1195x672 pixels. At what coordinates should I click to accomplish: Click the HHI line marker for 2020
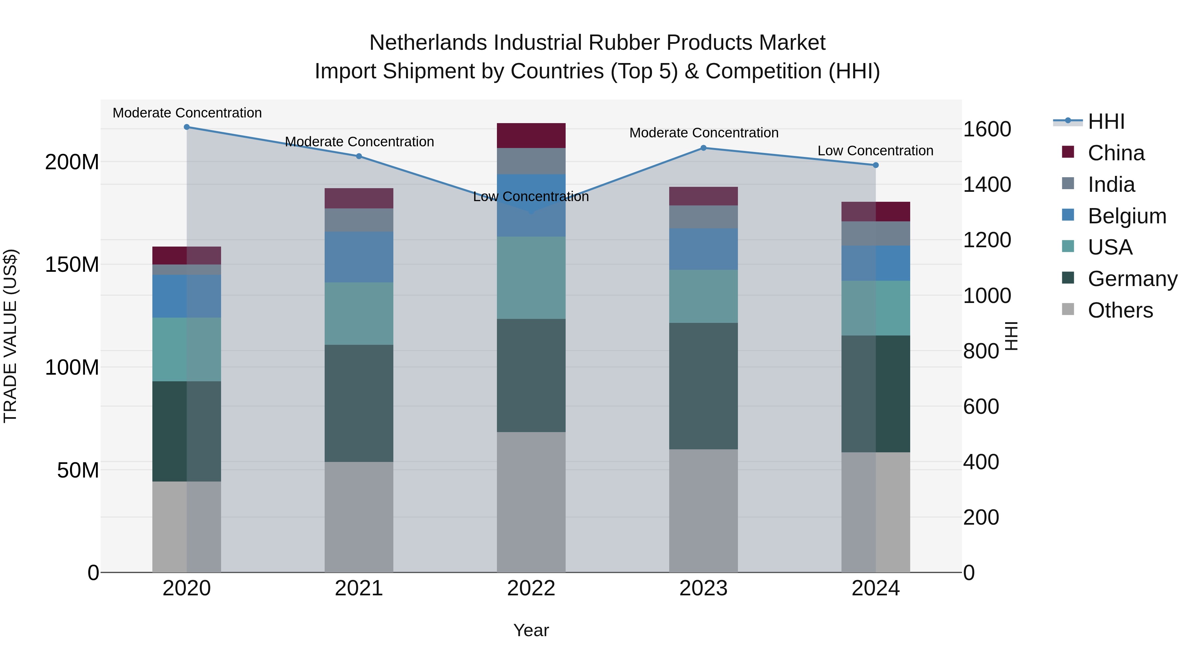point(187,127)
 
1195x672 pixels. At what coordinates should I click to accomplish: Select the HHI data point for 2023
point(703,148)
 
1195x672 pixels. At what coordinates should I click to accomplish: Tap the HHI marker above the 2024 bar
point(875,165)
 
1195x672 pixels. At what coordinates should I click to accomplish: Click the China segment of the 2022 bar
point(531,135)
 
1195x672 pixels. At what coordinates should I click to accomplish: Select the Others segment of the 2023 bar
point(703,510)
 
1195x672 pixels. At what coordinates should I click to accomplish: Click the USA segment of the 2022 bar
point(531,277)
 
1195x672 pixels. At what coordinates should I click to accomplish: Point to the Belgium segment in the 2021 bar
point(358,257)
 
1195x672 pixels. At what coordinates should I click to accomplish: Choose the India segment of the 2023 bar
point(703,217)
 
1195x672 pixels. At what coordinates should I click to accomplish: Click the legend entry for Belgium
point(1127,216)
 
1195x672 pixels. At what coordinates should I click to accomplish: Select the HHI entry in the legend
point(1106,121)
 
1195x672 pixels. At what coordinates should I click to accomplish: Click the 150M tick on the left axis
point(72,265)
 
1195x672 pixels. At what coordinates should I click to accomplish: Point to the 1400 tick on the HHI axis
point(987,185)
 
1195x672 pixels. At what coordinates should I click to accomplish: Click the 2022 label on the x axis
point(531,588)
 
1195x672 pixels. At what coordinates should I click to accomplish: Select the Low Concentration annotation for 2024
point(875,151)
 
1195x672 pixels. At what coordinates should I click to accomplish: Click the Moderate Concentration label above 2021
point(359,141)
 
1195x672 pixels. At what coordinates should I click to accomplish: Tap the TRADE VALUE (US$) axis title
point(10,336)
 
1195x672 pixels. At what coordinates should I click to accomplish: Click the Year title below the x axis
point(531,630)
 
